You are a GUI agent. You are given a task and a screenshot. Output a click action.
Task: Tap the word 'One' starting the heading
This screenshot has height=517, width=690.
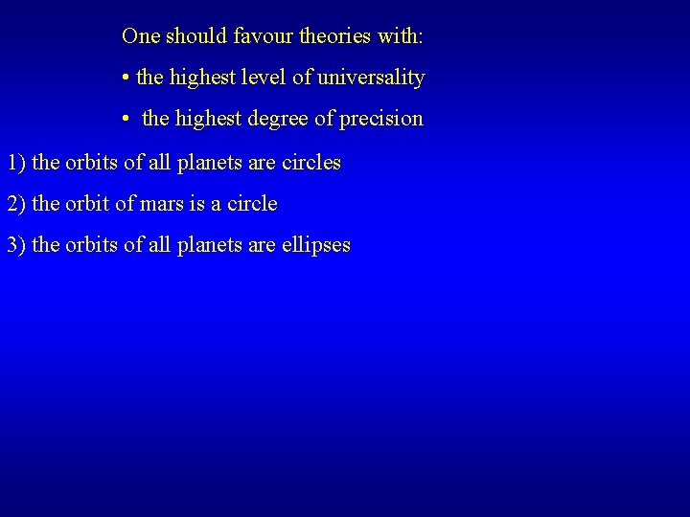(140, 36)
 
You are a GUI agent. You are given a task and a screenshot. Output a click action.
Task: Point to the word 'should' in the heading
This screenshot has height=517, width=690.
(195, 36)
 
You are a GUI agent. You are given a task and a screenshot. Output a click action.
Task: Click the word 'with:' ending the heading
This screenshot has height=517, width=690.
(402, 36)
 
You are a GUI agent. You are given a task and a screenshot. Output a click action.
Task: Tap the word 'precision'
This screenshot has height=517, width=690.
(380, 119)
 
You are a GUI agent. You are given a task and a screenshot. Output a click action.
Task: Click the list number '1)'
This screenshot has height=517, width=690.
(16, 163)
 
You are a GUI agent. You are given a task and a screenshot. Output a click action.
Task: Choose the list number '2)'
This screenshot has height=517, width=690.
(16, 204)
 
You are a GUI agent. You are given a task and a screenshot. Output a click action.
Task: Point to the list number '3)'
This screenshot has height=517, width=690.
(16, 245)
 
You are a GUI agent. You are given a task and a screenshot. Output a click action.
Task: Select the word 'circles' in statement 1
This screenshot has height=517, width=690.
(310, 163)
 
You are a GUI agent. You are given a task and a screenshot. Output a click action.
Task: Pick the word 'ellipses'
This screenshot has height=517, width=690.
(315, 245)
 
